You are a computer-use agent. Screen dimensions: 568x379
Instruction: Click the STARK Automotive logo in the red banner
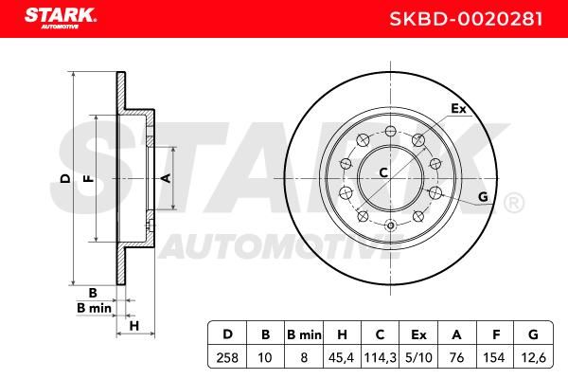[x=61, y=18]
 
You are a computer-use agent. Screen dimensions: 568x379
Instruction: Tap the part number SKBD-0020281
[x=466, y=19]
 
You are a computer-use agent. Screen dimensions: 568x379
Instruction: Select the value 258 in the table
[x=227, y=358]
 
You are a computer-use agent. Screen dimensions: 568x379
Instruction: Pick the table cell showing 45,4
[x=341, y=358]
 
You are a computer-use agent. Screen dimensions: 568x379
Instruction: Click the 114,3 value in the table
[x=380, y=358]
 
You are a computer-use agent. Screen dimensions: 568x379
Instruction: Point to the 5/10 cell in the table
[x=418, y=358]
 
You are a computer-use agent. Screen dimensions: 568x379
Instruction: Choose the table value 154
[x=494, y=358]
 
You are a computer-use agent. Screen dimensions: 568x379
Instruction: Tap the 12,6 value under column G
[x=533, y=358]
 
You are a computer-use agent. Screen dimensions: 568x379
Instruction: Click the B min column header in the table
[x=304, y=334]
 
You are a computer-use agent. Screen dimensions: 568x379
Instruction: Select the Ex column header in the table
[x=418, y=334]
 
